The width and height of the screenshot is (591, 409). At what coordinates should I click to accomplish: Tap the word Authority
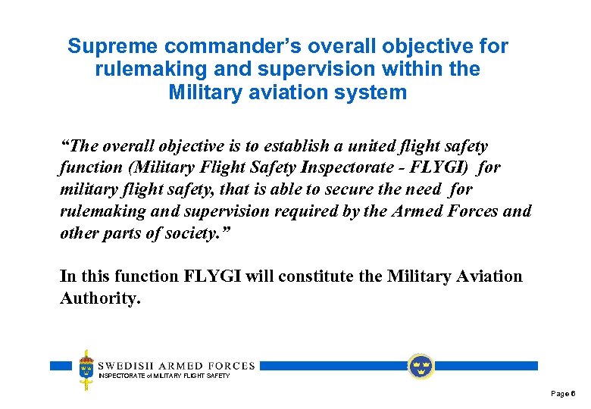coord(99,298)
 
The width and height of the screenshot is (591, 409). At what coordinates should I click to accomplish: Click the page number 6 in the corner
coord(574,394)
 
